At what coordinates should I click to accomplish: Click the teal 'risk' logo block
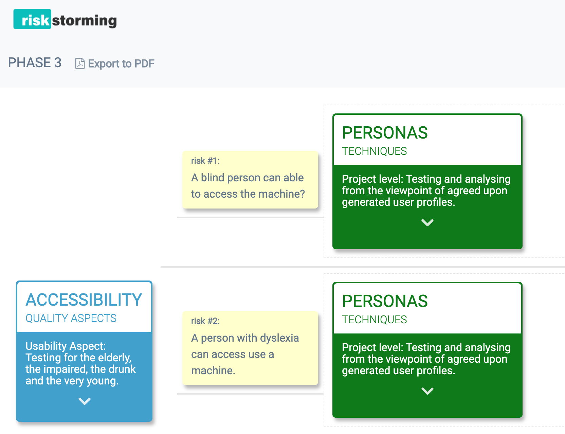(32, 19)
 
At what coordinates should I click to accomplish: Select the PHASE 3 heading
(35, 63)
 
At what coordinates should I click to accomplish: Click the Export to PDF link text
(121, 64)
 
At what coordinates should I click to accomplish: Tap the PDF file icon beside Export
(80, 64)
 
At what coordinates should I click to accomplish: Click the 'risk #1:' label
(205, 161)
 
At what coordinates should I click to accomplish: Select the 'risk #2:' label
(205, 321)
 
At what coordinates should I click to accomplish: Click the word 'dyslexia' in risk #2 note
(279, 338)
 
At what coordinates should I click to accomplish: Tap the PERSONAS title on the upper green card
(385, 133)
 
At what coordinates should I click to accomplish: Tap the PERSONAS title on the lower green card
(385, 301)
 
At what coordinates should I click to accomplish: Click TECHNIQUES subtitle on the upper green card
(374, 151)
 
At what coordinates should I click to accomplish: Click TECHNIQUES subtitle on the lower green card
(374, 320)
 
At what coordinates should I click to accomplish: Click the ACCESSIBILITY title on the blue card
(84, 300)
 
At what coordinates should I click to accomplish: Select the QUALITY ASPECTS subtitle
(71, 318)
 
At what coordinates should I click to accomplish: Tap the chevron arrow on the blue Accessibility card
(84, 401)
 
